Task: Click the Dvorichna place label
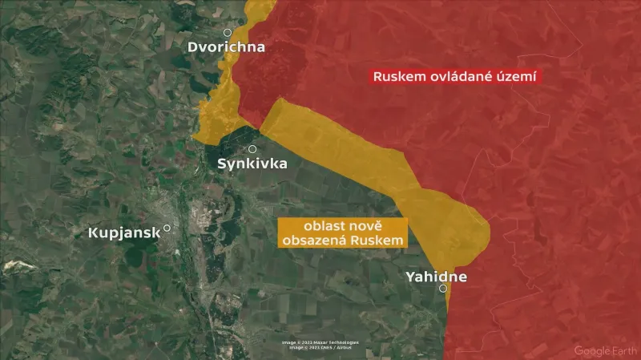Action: pyautogui.click(x=226, y=47)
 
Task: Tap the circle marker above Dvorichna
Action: pyautogui.click(x=228, y=33)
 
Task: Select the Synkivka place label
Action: pyautogui.click(x=252, y=164)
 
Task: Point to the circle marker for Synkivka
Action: pyautogui.click(x=252, y=149)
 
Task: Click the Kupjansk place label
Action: pyautogui.click(x=124, y=233)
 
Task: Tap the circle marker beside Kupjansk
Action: pyautogui.click(x=167, y=228)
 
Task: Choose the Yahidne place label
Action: pyautogui.click(x=436, y=277)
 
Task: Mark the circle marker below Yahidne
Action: pyautogui.click(x=443, y=289)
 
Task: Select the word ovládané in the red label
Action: pyautogui.click(x=465, y=78)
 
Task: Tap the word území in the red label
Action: pyautogui.click(x=518, y=78)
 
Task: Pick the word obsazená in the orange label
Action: pyautogui.click(x=317, y=241)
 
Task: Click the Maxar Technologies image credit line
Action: pyautogui.click(x=320, y=342)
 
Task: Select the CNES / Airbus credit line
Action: pyautogui.click(x=320, y=347)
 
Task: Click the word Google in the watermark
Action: pyautogui.click(x=592, y=350)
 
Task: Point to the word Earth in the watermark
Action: pyautogui.click(x=622, y=350)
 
